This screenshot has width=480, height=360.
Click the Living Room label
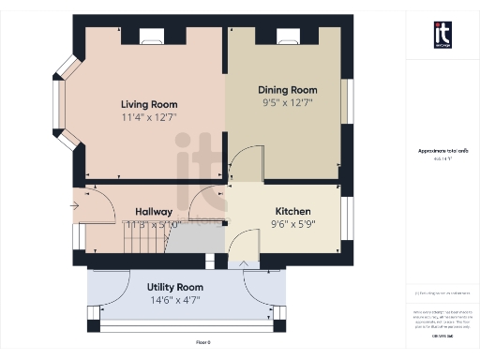tap(149, 104)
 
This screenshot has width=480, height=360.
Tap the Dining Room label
tap(288, 90)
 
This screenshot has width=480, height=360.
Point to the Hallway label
tap(154, 212)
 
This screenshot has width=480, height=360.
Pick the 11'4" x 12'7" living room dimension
tap(149, 117)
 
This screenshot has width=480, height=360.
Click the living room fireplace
tap(152, 37)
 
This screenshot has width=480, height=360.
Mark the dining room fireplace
tap(288, 37)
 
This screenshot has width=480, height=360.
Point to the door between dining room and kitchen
tap(243, 166)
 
